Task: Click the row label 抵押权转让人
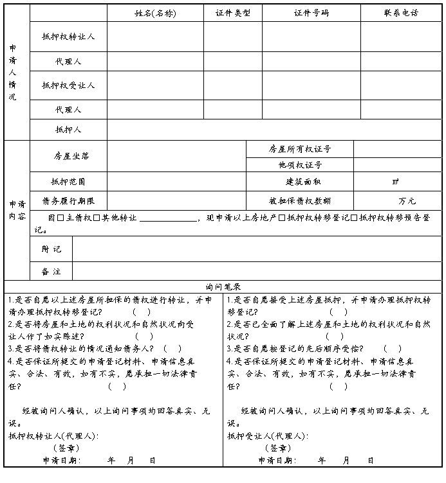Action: (x=68, y=37)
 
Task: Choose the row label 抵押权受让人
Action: (x=68, y=85)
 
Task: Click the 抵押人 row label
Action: (x=68, y=130)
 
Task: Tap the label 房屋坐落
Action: (x=68, y=156)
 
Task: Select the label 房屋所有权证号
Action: (x=300, y=149)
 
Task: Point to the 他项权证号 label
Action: (x=300, y=165)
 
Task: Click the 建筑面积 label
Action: (x=300, y=182)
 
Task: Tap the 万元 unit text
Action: (x=406, y=201)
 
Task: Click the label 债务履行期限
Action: (x=68, y=201)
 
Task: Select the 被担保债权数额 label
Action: (x=300, y=201)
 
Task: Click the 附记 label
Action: (x=51, y=249)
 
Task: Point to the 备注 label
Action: (x=51, y=272)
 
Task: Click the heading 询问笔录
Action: (x=223, y=286)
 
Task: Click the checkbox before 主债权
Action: (x=60, y=219)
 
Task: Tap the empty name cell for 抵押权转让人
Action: (x=155, y=37)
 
